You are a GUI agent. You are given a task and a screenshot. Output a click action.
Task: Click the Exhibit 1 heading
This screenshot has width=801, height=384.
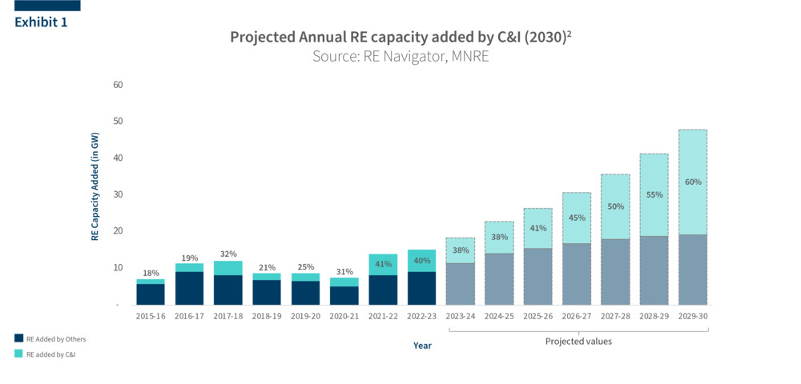(x=41, y=22)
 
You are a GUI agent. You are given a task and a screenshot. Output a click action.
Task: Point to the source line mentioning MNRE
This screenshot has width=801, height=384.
(x=400, y=57)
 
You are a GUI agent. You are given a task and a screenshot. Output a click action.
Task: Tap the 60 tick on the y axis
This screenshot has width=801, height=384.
(x=118, y=85)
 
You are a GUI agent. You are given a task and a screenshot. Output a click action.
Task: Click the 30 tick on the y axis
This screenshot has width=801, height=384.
(x=118, y=194)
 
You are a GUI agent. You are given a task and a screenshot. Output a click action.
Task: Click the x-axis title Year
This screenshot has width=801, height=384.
(x=422, y=346)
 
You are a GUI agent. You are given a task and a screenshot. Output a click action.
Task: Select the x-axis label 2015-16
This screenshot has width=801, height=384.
(x=151, y=317)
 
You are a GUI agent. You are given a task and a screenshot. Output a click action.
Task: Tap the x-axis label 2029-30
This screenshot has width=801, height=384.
(x=693, y=317)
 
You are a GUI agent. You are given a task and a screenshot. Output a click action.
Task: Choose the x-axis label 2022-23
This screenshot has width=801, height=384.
(x=422, y=317)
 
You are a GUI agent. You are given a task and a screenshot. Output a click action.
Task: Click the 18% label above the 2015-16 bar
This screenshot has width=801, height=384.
(x=151, y=274)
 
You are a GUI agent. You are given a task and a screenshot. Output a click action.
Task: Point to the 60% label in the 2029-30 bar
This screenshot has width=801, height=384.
(x=693, y=182)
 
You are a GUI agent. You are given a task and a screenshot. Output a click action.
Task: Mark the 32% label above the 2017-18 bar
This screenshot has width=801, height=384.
(x=228, y=254)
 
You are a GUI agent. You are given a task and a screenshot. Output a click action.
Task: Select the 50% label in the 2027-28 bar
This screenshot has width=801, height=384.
(x=615, y=206)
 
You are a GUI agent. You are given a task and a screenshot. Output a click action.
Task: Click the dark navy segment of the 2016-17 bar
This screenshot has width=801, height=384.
(x=189, y=288)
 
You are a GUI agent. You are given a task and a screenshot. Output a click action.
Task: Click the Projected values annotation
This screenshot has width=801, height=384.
(x=578, y=342)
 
